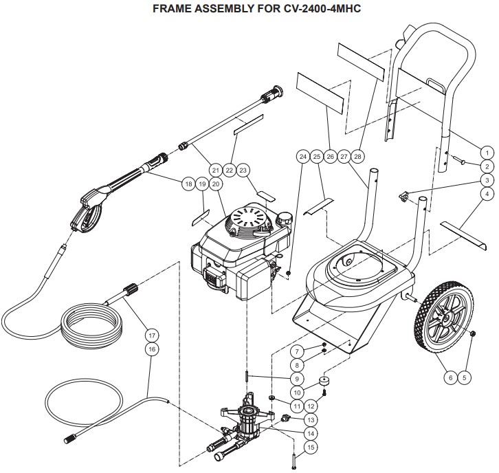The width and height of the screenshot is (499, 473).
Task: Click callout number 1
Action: [487, 153]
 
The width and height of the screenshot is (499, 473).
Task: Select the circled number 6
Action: [450, 377]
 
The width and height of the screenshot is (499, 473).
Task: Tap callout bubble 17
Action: [152, 335]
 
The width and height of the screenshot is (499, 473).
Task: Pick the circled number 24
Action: [302, 156]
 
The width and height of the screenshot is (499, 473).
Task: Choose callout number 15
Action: [311, 447]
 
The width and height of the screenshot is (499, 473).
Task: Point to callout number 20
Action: [215, 184]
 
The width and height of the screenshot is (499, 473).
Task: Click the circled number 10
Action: [297, 393]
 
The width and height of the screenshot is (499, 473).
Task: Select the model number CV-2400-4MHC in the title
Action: [322, 8]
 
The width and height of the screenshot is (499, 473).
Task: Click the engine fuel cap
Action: [284, 219]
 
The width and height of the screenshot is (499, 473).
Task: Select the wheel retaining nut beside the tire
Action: [473, 334]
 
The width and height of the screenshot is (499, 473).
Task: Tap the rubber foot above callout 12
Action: [324, 381]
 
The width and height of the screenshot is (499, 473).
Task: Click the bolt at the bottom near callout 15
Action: [293, 461]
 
